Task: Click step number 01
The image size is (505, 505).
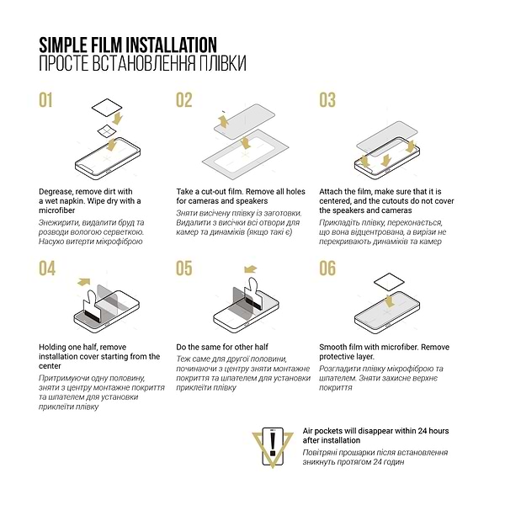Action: (x=45, y=100)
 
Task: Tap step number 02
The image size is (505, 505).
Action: (x=184, y=100)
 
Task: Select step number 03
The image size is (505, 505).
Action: (x=327, y=100)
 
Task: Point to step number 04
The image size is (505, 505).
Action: (x=47, y=268)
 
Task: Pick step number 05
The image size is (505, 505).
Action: (x=184, y=268)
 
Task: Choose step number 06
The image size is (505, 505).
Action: (x=327, y=268)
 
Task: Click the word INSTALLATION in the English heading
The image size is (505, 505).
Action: (x=171, y=45)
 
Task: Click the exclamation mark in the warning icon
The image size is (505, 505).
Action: (x=273, y=444)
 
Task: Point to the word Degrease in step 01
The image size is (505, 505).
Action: (x=56, y=192)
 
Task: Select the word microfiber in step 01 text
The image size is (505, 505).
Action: (x=56, y=210)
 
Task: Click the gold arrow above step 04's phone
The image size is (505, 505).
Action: (x=83, y=282)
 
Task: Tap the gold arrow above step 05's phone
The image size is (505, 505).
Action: (x=250, y=269)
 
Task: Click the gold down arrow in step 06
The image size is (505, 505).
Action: (x=390, y=300)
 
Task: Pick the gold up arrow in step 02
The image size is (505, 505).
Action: (x=223, y=121)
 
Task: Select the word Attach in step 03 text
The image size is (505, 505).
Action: (x=330, y=192)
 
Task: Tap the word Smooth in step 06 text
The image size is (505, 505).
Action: (x=332, y=347)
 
